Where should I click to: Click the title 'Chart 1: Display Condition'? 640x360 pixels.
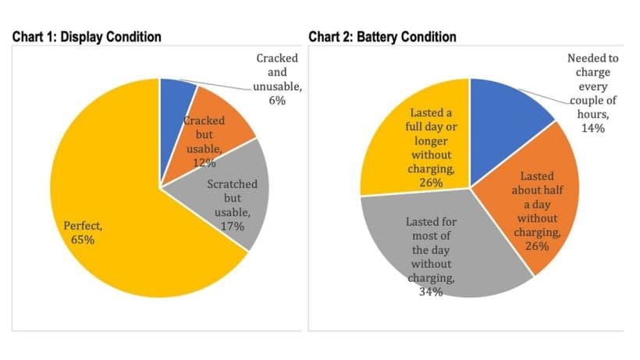point(86,37)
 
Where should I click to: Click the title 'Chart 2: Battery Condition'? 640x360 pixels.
point(382,37)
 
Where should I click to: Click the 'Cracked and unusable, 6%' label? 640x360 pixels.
point(276,79)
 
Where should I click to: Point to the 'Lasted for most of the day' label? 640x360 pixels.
point(431,250)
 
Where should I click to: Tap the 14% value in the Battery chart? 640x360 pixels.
point(592,127)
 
